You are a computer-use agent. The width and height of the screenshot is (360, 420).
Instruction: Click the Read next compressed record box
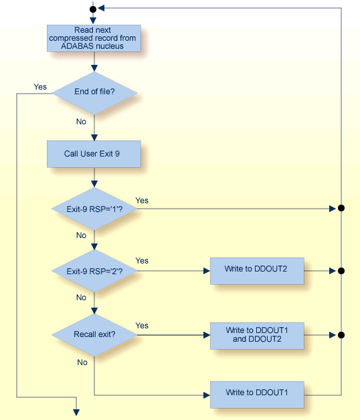tap(94, 38)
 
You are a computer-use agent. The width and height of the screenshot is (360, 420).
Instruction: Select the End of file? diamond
tap(94, 92)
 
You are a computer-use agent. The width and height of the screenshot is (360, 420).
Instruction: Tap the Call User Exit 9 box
tap(94, 154)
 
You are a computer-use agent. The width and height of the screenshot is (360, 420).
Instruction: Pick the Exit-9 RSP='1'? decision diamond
tap(94, 209)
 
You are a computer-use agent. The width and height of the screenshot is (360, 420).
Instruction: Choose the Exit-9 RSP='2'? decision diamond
tap(94, 271)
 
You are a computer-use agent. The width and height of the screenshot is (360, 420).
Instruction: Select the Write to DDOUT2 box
tap(258, 271)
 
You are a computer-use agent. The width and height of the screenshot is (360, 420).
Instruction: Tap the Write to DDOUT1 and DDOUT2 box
tap(258, 334)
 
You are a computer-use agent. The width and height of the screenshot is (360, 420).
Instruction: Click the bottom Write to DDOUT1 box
tap(258, 395)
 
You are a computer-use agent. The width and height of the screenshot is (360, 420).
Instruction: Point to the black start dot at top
tap(94, 9)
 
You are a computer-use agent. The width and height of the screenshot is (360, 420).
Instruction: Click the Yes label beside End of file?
tap(40, 87)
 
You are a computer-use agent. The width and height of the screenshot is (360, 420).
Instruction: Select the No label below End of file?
tap(81, 122)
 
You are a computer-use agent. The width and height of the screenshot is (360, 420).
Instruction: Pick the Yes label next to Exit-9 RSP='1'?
tap(142, 201)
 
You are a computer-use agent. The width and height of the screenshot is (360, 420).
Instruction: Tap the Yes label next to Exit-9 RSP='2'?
tap(142, 261)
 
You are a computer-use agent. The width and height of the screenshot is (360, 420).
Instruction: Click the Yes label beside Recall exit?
tap(142, 325)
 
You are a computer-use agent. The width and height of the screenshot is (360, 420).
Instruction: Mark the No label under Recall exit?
tap(82, 362)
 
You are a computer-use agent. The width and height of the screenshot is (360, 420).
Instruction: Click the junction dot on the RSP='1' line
tap(341, 209)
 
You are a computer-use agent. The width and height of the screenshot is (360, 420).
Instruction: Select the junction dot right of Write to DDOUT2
tap(341, 271)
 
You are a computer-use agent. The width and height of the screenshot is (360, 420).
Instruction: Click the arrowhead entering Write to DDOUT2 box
tap(206, 271)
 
